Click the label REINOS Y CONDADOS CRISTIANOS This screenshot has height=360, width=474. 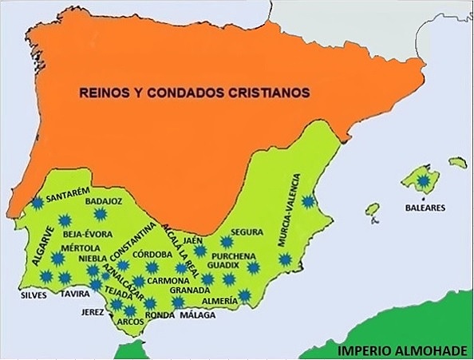[x=194, y=92]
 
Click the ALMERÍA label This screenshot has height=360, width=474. [x=219, y=300]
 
